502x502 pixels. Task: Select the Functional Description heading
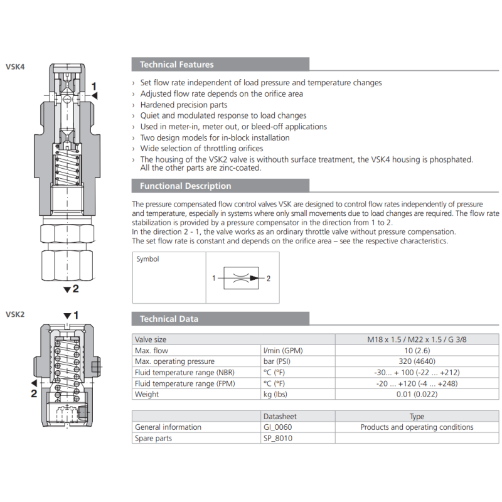tap(185, 186)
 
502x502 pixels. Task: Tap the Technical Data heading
tap(169, 319)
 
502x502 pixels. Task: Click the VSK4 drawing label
tap(15, 67)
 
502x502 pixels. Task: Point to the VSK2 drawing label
tap(15, 314)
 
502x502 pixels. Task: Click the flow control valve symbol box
tap(243, 278)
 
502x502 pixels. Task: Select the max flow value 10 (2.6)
tap(417, 351)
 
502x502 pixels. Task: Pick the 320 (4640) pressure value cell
tap(417, 361)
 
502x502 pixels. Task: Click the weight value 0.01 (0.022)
tap(417, 395)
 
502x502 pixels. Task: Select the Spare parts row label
tap(153, 439)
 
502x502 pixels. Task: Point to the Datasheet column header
tap(280, 417)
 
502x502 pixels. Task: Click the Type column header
tap(417, 417)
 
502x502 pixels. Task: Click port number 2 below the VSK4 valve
tap(75, 289)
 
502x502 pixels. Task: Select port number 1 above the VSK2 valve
tap(75, 315)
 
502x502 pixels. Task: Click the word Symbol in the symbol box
tap(148, 259)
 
